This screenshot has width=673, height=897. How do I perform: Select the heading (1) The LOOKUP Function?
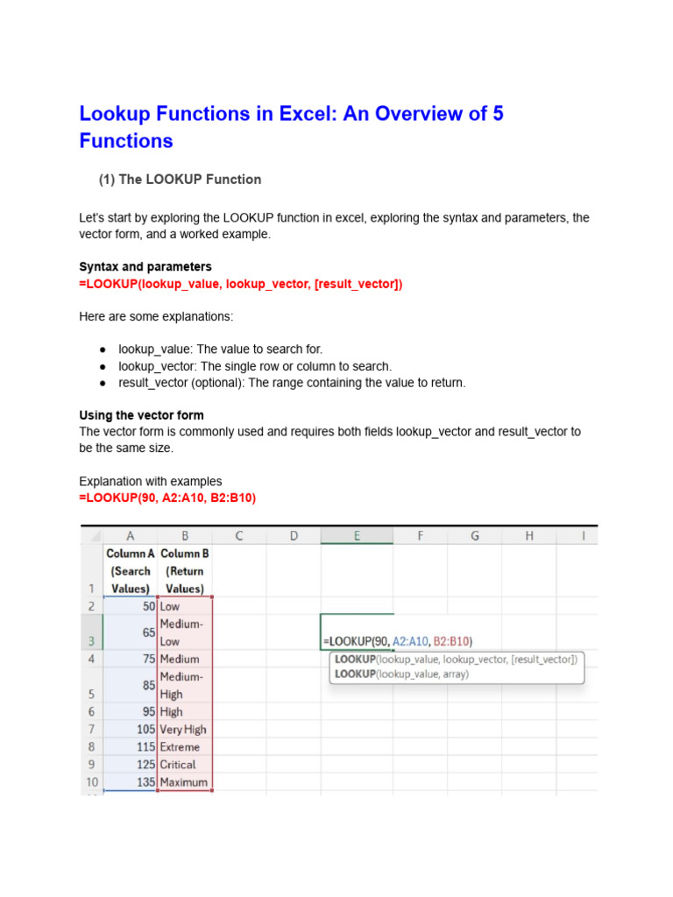tap(179, 180)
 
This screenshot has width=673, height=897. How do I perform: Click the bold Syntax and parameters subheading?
tap(145, 266)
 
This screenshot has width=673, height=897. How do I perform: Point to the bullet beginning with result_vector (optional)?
tap(293, 383)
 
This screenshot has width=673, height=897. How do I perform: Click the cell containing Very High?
tap(183, 729)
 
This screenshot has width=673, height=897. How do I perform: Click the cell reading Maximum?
tap(184, 782)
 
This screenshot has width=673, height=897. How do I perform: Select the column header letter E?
tap(356, 535)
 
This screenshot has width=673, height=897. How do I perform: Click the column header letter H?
tap(528, 535)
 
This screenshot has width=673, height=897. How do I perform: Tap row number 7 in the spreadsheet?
tap(92, 729)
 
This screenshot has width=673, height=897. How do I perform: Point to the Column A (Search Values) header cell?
tap(130, 571)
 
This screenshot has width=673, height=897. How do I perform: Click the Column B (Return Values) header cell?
tap(184, 571)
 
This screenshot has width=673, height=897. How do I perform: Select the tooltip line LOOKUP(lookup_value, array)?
tap(401, 675)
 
